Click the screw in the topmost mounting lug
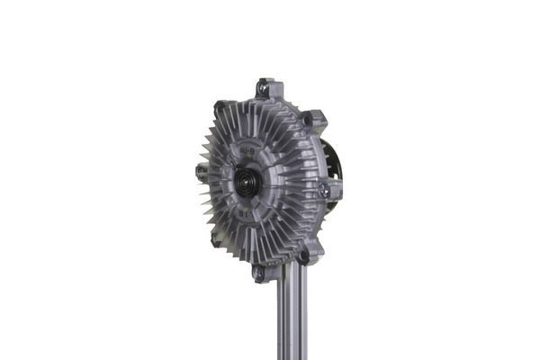pos(263,89)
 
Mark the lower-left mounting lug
pos(215,240)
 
